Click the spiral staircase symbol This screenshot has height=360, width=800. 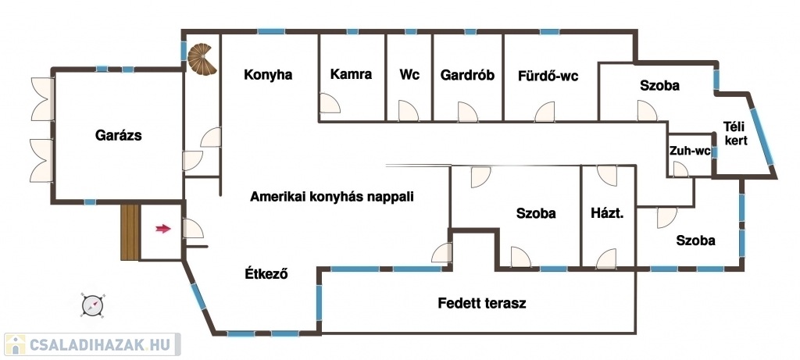(x=202, y=59)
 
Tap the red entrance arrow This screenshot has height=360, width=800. (x=163, y=229)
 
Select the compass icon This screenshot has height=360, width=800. (x=93, y=305)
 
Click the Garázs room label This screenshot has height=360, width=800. (x=119, y=136)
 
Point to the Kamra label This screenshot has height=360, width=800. (x=351, y=74)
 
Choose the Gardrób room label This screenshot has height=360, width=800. (x=467, y=76)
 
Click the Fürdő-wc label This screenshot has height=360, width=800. (x=548, y=77)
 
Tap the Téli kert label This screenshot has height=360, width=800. (x=736, y=133)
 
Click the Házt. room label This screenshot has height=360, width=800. (x=607, y=213)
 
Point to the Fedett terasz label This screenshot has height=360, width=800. (x=481, y=304)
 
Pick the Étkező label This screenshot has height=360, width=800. (x=266, y=274)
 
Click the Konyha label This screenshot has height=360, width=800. (x=268, y=75)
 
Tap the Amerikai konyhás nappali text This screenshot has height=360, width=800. (x=331, y=198)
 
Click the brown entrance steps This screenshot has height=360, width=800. (x=130, y=232)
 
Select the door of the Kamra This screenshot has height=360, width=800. (x=330, y=103)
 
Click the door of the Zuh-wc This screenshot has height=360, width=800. (x=680, y=169)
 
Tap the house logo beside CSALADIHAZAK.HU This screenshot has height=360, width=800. (x=15, y=344)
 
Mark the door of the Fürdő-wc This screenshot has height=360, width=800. (x=545, y=112)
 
